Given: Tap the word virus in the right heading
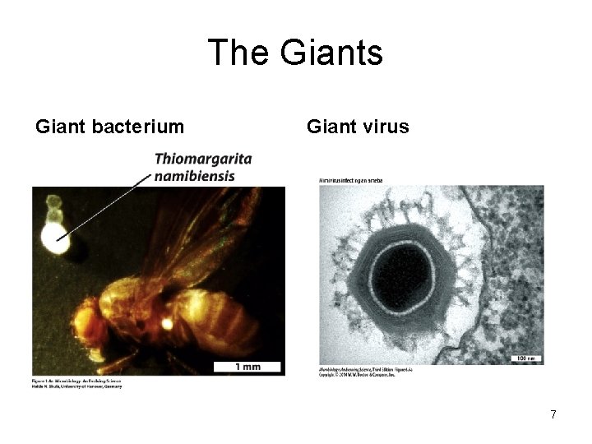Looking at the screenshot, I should click(385, 127).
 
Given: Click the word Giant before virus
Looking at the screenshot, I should click(331, 127).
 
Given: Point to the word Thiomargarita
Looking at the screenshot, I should click(203, 159).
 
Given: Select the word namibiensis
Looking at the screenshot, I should click(194, 175).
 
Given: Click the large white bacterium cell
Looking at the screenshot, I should click(54, 239).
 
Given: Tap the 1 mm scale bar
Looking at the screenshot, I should click(247, 366).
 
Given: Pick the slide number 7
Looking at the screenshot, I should click(553, 414).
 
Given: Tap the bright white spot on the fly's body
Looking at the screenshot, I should click(167, 324).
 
